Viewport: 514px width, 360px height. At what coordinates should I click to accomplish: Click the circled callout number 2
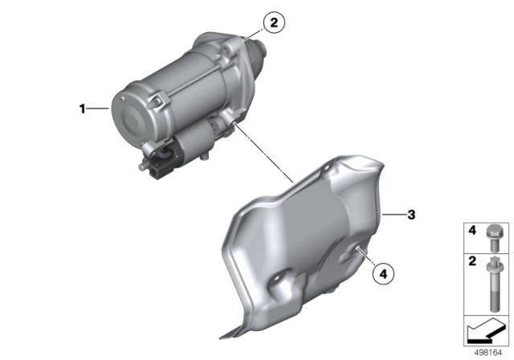(x=274, y=22)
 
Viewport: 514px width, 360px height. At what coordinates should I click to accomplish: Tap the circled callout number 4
(x=384, y=273)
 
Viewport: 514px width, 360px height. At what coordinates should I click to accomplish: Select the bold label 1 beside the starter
(x=82, y=108)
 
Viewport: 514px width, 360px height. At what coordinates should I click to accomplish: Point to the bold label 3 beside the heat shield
(x=411, y=215)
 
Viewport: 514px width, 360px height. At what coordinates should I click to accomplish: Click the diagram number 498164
(x=487, y=353)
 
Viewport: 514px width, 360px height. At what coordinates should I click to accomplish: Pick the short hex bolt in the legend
(x=492, y=238)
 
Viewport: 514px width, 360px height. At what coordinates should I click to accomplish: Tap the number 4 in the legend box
(x=472, y=231)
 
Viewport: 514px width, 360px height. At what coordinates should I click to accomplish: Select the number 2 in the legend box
(x=472, y=261)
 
